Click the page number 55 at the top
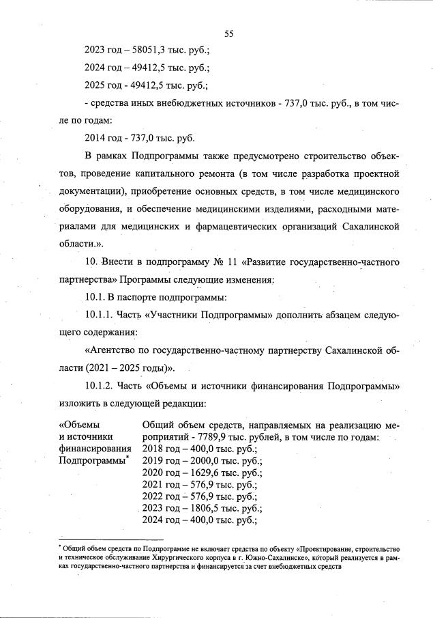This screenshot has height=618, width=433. pyautogui.click(x=228, y=31)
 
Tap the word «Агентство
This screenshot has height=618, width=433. pyautogui.click(x=112, y=350)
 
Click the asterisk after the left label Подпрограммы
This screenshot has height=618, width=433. pyautogui.click(x=128, y=458)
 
